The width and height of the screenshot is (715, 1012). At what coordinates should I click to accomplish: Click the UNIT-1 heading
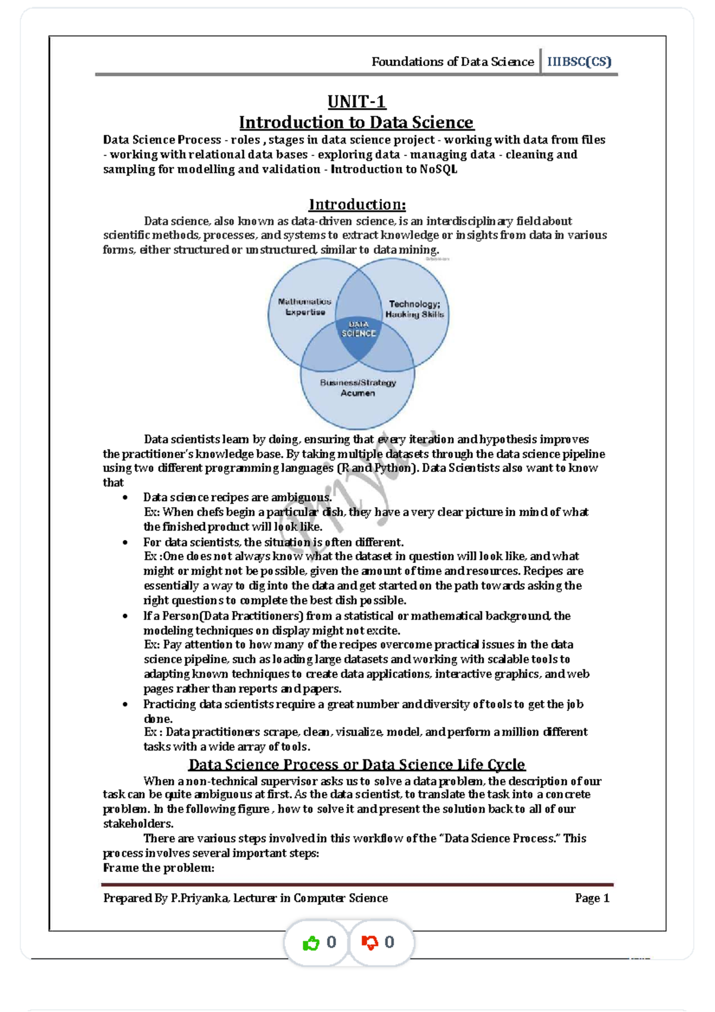[x=357, y=102]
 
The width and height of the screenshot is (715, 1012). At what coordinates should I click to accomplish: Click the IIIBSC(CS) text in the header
[x=579, y=62]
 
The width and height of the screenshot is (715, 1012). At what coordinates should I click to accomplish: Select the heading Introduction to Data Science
[x=356, y=123]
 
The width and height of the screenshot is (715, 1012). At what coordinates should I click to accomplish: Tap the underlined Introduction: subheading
[x=357, y=204]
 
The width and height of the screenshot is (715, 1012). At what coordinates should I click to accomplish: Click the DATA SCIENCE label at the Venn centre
[x=358, y=329]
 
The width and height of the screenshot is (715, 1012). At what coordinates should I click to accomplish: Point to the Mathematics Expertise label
[x=304, y=307]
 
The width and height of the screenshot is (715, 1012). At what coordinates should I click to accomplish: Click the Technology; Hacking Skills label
[x=415, y=309]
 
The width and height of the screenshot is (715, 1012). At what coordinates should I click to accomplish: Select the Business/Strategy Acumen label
[x=357, y=387]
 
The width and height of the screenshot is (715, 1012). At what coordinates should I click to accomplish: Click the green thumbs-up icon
[x=311, y=943]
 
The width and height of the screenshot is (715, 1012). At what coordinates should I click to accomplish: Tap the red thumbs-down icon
[x=369, y=943]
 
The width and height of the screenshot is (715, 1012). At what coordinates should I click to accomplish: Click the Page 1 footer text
[x=592, y=898]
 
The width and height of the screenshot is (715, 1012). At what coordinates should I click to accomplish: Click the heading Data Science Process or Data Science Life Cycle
[x=356, y=765]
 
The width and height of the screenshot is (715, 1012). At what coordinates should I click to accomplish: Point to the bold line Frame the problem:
[x=158, y=868]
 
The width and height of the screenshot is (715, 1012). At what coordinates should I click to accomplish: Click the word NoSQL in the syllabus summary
[x=439, y=169]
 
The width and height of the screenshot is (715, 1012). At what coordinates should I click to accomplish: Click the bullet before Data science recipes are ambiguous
[x=125, y=498]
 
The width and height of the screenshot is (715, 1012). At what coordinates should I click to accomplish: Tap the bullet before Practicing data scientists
[x=125, y=704]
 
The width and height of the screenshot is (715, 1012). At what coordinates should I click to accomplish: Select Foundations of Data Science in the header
[x=452, y=62]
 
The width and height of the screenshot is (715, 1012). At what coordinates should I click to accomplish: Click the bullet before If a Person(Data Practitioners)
[x=125, y=616]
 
